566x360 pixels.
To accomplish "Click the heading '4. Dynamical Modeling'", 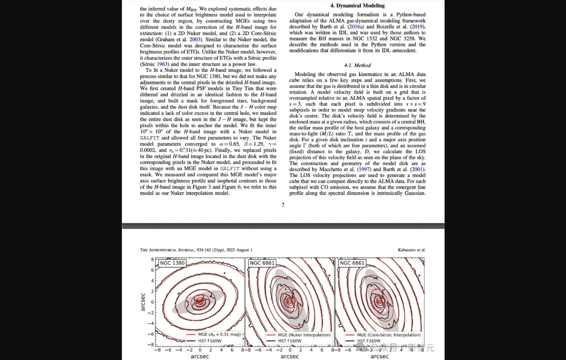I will click(358, 5).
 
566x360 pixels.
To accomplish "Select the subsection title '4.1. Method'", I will click(357, 65).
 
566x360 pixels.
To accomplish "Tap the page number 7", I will click(283, 205).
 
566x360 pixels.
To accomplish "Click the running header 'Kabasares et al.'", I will click(412, 250).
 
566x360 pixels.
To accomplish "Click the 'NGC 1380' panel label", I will click(173, 263).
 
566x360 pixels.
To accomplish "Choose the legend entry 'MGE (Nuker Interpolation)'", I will click(304, 335).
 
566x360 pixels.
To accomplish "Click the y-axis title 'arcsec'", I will click(143, 302).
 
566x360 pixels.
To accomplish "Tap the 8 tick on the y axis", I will click(152, 260).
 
